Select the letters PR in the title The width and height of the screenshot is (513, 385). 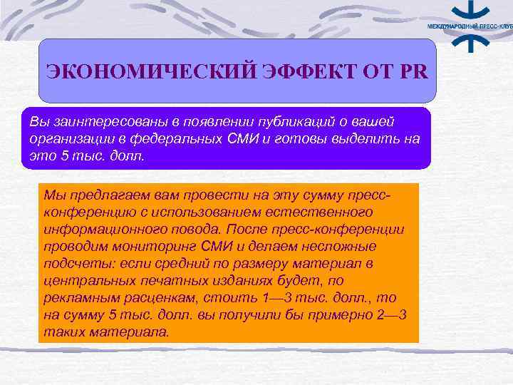[x=418, y=72]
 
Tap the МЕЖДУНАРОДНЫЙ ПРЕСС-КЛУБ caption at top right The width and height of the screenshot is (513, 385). [x=469, y=26]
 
